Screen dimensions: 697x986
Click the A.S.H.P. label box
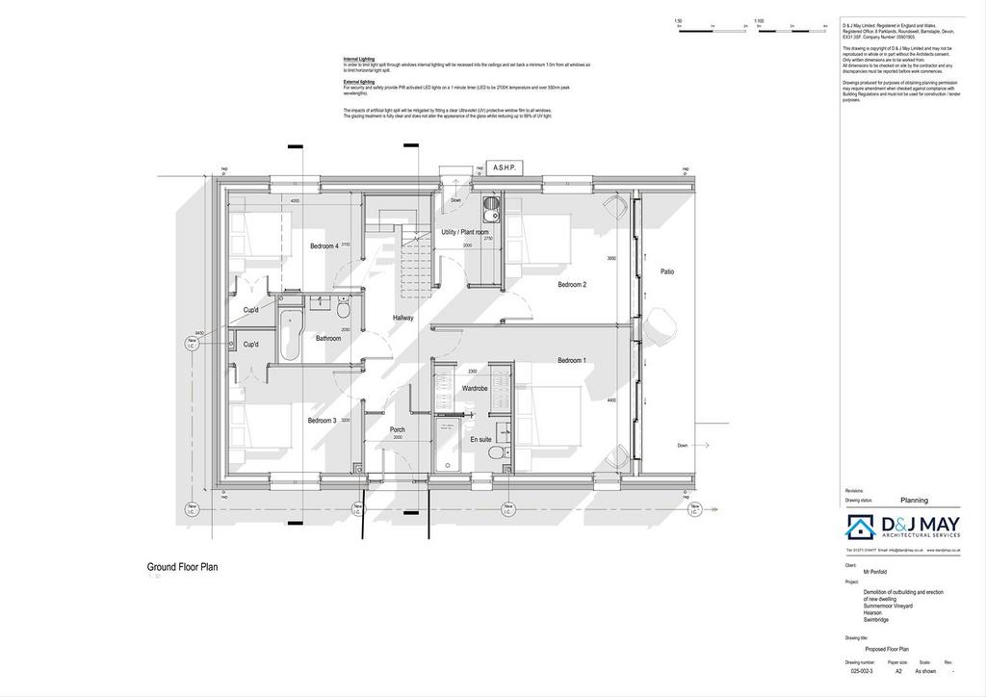coord(505,168)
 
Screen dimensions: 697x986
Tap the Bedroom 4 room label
coord(324,246)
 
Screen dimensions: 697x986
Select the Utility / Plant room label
coord(465,233)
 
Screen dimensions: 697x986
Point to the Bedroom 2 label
coord(572,285)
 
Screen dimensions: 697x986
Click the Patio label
coord(667,272)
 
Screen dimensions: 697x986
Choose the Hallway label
coord(403,318)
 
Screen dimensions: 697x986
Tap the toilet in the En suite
coord(494,453)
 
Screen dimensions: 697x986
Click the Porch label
coord(397,429)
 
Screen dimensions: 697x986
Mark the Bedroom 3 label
coord(322,421)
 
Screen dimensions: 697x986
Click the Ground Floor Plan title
coord(182,568)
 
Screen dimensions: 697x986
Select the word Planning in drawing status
coord(914,501)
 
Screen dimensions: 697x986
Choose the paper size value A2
coord(899,671)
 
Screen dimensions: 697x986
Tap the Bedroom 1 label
coord(572,361)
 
